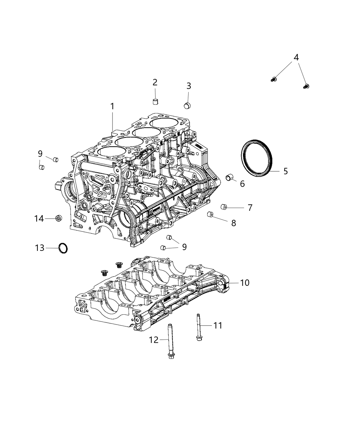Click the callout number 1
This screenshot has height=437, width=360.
(x=112, y=107)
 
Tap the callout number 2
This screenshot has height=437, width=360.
(x=155, y=82)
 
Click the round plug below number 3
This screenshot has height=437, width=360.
(x=188, y=105)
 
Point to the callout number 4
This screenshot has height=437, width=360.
(x=296, y=58)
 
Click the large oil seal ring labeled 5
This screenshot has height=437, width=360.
(x=257, y=157)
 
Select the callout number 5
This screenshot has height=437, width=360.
(x=285, y=171)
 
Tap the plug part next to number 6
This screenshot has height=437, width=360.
(x=229, y=178)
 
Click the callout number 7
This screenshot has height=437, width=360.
(x=250, y=207)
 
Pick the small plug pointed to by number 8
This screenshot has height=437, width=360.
(x=211, y=215)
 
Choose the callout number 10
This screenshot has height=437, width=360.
(x=244, y=283)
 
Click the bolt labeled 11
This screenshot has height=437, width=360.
(x=199, y=326)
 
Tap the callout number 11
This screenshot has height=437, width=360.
(x=218, y=325)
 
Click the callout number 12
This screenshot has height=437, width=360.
(x=154, y=340)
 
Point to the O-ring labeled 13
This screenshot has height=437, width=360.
(x=63, y=248)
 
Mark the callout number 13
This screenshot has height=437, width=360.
(x=40, y=247)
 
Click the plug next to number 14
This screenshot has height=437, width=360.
(x=59, y=218)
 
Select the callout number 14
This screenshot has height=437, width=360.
(x=39, y=218)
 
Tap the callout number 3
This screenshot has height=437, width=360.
(x=189, y=86)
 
